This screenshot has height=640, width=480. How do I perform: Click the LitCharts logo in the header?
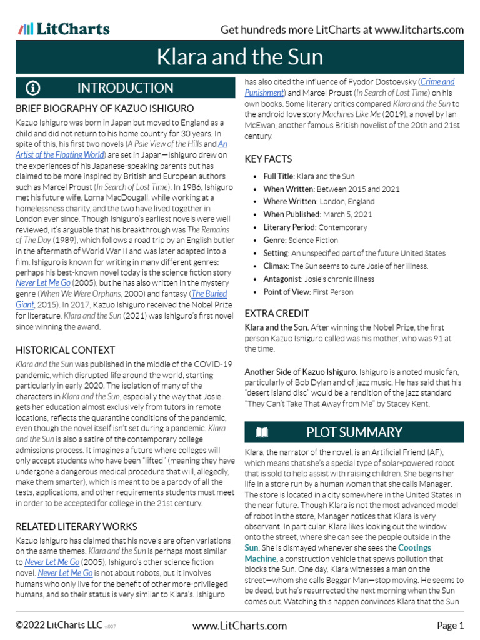click(64, 29)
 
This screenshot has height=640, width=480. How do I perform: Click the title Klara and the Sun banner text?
click(239, 57)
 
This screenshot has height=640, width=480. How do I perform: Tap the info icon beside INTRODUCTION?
click(33, 87)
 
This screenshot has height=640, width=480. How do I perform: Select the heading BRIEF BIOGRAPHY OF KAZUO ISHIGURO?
click(104, 108)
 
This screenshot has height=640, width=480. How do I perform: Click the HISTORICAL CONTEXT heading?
click(66, 350)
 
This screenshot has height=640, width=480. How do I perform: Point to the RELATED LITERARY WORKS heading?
click(76, 526)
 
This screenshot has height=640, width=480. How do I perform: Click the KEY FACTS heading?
click(269, 159)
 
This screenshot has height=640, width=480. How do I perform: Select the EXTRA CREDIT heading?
click(277, 313)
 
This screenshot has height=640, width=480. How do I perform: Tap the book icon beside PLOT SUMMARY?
click(262, 432)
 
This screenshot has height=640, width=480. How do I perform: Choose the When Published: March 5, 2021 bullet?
click(317, 214)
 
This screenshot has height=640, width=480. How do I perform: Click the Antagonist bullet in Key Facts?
click(319, 279)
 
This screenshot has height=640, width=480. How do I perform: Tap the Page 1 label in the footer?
click(450, 626)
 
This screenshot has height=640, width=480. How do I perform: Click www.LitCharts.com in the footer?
click(239, 626)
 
